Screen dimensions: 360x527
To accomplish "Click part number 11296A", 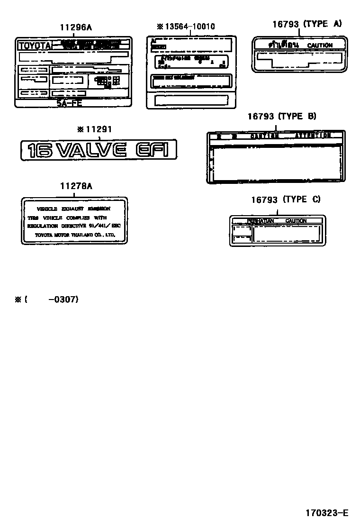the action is [x=76, y=27].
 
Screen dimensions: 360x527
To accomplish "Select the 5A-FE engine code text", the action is [x=70, y=103].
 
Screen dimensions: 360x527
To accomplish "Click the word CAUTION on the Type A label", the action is [x=320, y=45].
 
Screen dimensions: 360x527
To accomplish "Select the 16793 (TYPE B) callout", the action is [x=282, y=117].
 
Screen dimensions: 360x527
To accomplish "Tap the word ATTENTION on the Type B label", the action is [x=313, y=136].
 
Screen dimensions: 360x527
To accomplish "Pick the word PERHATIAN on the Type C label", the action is [x=261, y=221].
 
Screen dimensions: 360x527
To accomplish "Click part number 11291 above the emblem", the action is [x=98, y=128].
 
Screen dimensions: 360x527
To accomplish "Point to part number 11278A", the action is [x=76, y=186].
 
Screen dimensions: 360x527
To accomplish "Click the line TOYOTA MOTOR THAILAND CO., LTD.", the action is [x=74, y=235].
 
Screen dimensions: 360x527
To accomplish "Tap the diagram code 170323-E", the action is [x=326, y=513].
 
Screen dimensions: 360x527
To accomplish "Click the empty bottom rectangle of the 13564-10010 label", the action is [x=191, y=100].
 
